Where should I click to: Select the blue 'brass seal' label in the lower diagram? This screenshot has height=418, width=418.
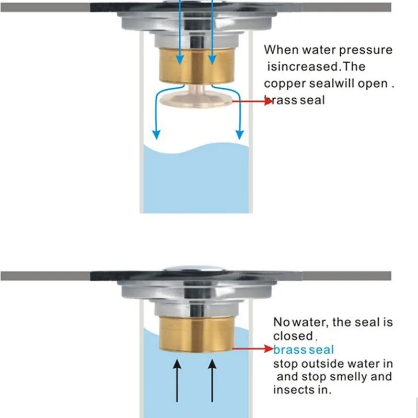point(303,350)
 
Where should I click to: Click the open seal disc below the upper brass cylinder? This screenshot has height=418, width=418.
point(195,100)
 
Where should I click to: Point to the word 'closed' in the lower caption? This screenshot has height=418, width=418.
point(292,336)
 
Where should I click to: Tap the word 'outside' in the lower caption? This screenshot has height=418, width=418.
point(329,363)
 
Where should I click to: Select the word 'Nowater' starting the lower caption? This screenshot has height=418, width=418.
point(296,322)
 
